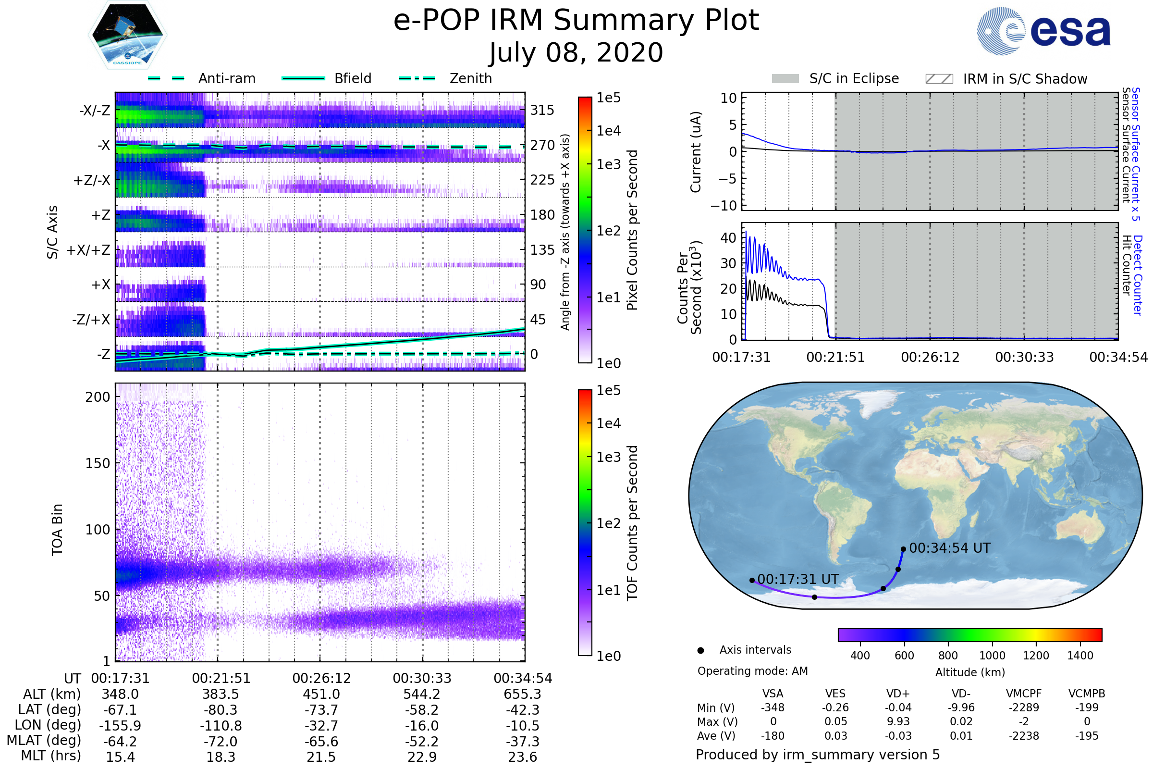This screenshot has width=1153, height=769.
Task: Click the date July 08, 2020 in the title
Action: tap(576, 53)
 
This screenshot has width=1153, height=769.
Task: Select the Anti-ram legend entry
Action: tap(202, 78)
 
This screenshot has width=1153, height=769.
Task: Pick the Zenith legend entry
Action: tap(445, 78)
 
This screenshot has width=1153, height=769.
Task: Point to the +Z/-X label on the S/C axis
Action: tap(92, 181)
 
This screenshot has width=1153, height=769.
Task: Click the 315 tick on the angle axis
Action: tap(542, 110)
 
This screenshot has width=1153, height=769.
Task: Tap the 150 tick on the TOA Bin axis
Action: tap(98, 463)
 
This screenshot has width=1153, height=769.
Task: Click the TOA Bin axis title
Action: tap(57, 529)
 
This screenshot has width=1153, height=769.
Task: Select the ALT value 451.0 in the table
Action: tap(321, 694)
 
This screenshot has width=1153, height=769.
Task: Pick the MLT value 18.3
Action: tap(221, 757)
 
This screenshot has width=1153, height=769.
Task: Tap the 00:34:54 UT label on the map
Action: tap(950, 548)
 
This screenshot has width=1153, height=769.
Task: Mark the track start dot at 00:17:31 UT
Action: tap(752, 580)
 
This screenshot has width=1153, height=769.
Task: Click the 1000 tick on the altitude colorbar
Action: tap(992, 656)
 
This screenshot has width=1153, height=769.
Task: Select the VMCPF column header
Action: tap(1024, 694)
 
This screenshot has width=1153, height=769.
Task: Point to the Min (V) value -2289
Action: tap(1024, 707)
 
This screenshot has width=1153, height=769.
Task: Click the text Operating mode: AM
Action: tap(752, 671)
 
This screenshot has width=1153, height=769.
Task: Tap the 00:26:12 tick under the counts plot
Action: tap(930, 357)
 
